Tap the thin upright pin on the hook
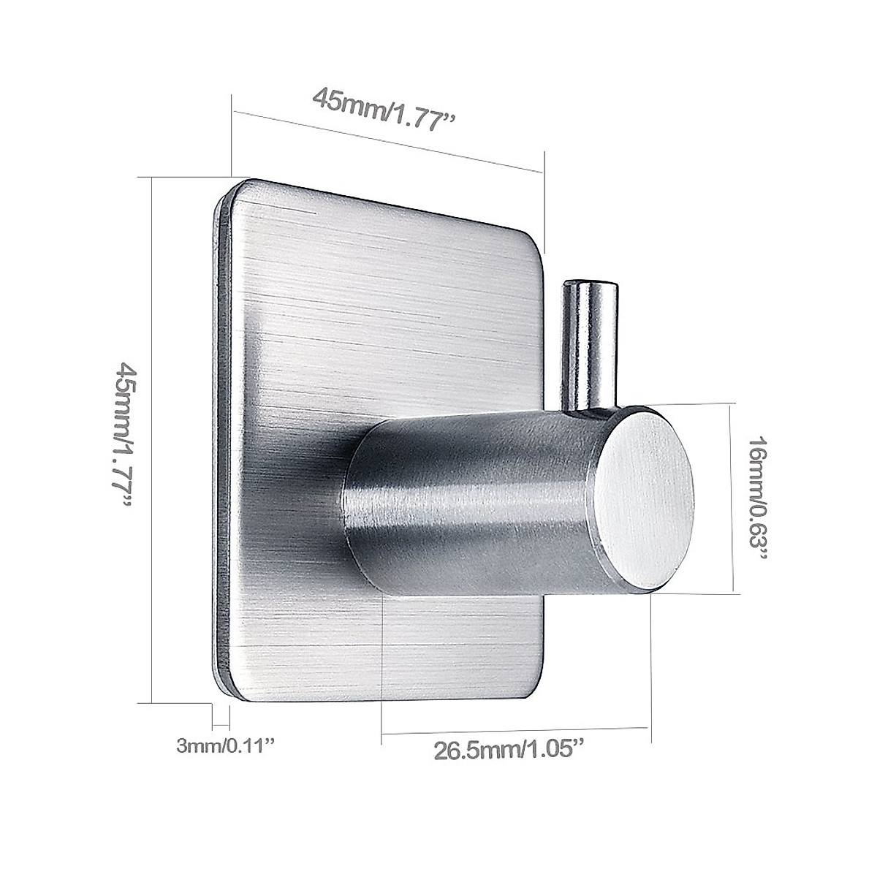[585, 343]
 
